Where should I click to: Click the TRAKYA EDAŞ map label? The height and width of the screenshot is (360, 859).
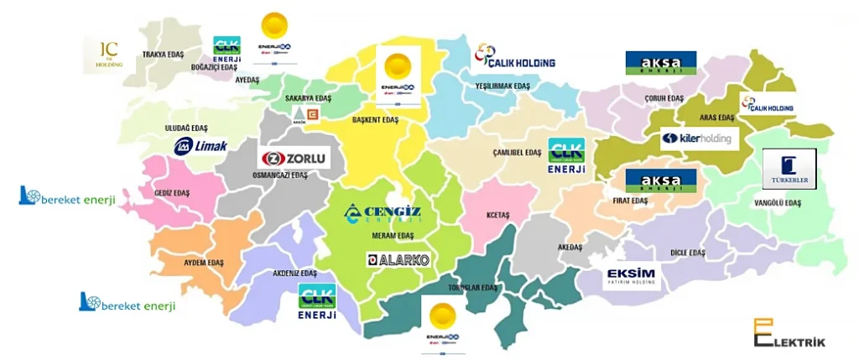click(163, 55)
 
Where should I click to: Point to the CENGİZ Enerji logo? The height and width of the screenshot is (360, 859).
click(382, 214)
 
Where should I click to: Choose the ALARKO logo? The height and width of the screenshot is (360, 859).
click(398, 260)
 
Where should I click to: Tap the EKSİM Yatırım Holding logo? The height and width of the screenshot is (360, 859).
click(633, 277)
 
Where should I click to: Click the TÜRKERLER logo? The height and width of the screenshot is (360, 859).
click(789, 169)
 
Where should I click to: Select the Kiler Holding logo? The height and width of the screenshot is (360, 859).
click(699, 138)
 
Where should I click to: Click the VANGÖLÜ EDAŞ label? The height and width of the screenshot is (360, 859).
click(778, 203)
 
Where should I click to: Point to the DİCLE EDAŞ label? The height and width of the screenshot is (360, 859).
click(688, 252)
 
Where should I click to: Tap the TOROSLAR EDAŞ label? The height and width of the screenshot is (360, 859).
click(474, 288)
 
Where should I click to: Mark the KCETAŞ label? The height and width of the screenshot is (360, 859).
click(497, 215)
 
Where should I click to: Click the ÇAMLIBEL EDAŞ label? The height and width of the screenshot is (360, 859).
click(517, 153)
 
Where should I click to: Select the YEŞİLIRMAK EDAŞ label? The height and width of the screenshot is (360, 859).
click(502, 86)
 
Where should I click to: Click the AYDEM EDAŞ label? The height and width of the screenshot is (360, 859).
click(204, 263)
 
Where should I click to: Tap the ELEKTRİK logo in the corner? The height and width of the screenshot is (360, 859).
click(789, 333)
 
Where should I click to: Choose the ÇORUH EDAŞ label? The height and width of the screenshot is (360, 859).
click(664, 97)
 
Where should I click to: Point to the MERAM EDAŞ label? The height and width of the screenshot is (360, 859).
click(387, 236)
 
